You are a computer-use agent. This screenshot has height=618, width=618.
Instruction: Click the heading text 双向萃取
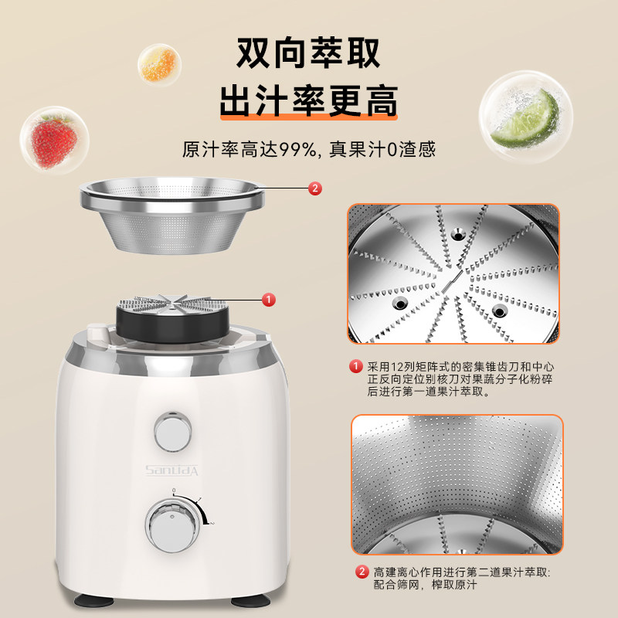point(308,53)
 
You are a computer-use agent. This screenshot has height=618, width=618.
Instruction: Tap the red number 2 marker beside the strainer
point(314,188)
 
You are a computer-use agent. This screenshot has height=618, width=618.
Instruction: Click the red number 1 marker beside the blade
point(267,298)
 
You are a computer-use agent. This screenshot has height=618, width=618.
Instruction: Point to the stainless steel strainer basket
point(175,212)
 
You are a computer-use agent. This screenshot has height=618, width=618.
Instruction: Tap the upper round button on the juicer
point(173,430)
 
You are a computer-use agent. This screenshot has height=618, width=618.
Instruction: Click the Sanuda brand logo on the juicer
point(173,470)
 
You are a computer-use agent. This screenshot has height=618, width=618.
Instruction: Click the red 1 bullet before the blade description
point(356,366)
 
